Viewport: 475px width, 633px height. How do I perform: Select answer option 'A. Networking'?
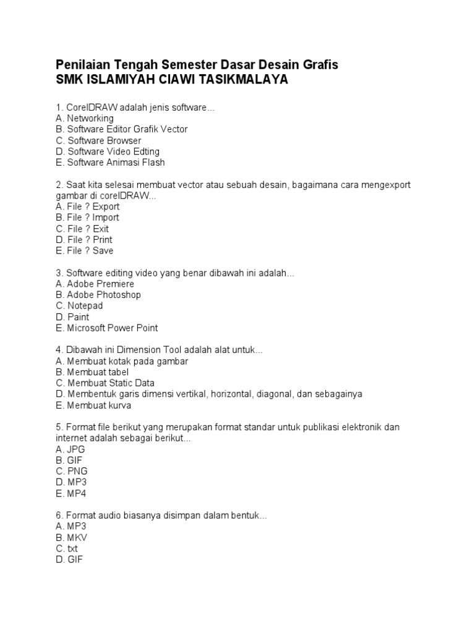[84, 118]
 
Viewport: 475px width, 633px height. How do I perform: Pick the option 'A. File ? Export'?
[87, 206]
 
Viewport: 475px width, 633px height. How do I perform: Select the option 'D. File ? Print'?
[83, 240]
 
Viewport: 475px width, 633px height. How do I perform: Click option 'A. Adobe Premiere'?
[95, 284]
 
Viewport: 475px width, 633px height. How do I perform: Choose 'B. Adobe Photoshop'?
[98, 295]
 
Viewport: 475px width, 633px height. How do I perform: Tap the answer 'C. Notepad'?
[79, 306]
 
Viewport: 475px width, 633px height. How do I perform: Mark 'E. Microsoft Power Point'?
[106, 328]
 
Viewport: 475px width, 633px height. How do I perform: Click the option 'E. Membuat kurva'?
[93, 406]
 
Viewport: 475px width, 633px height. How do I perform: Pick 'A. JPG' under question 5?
[70, 449]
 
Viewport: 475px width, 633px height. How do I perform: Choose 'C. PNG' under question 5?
[71, 472]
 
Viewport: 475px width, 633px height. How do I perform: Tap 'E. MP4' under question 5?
[71, 494]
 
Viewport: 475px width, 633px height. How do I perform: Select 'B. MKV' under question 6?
[71, 538]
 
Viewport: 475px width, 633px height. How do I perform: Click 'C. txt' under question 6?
[67, 549]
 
